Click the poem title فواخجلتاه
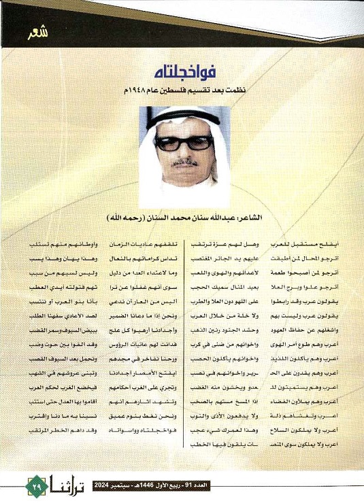click(x=182, y=70)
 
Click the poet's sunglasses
click(x=184, y=143)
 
